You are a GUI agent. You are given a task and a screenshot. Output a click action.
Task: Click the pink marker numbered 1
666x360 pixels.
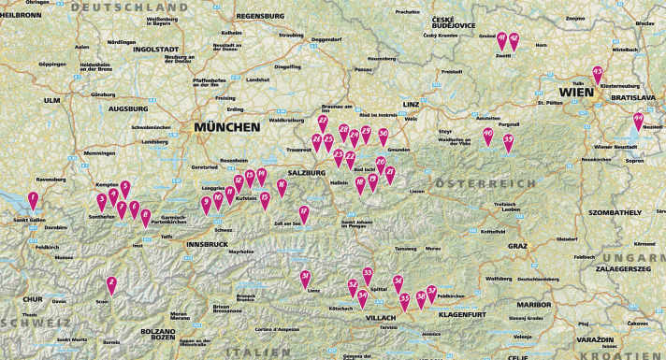(x=34, y=199)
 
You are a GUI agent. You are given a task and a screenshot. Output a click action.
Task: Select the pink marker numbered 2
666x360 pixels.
(x=111, y=284)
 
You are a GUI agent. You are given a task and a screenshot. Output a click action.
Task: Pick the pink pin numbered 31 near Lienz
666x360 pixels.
(x=305, y=278)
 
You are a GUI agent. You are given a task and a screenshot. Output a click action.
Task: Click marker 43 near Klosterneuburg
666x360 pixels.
(x=597, y=74)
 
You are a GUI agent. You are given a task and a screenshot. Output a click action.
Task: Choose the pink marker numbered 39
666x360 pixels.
(x=508, y=141)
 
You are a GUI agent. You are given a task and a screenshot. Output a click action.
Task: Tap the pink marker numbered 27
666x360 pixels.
(x=323, y=122)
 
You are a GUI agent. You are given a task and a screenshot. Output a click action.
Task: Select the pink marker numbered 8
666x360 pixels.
(x=145, y=217)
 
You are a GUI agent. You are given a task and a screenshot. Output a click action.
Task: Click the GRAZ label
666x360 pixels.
(x=517, y=246)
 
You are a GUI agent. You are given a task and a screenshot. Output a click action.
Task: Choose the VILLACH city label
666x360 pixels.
(x=381, y=318)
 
